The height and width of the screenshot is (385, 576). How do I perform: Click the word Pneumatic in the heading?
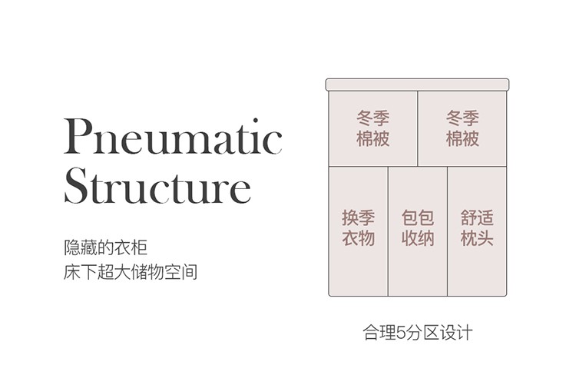click(173, 138)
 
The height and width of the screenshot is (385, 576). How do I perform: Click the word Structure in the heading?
click(157, 185)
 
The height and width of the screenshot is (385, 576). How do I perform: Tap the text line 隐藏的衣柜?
click(105, 248)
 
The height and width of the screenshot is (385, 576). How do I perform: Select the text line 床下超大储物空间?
click(131, 272)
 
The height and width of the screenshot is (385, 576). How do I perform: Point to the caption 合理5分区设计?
click(418, 334)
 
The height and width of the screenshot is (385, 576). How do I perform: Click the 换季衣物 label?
click(358, 227)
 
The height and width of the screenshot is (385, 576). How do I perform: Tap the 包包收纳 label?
click(418, 227)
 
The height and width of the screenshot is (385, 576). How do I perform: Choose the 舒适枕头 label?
click(477, 227)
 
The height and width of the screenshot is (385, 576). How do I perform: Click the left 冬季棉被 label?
click(373, 128)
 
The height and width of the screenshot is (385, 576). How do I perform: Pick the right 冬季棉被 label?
click(462, 128)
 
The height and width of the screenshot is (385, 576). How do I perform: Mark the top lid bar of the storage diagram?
click(418, 84)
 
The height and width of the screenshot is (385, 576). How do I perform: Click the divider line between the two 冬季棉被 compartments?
click(418, 128)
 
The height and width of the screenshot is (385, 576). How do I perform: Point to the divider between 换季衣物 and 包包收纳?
click(388, 231)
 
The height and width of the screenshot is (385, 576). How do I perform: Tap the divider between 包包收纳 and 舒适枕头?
click(448, 231)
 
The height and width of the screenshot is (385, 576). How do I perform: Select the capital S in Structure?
click(77, 185)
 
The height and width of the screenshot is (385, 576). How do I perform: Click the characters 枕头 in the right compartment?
click(477, 238)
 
